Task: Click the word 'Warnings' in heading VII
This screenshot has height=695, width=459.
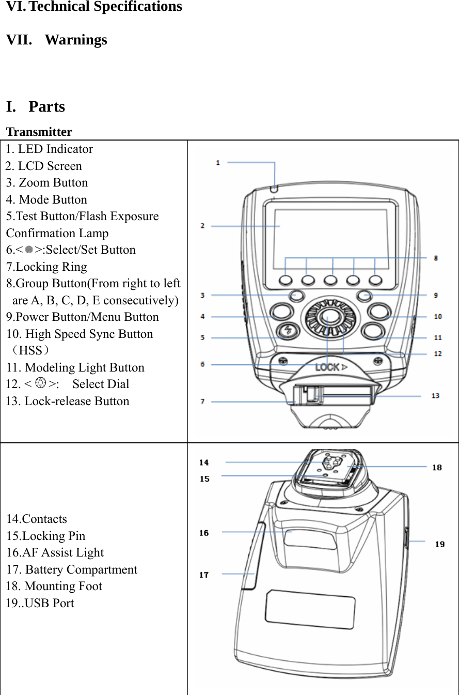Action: (x=76, y=40)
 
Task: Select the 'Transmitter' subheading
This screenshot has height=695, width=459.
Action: (x=39, y=132)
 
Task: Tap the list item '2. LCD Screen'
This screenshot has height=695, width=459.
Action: (x=44, y=166)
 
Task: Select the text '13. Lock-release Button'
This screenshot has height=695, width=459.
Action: (x=68, y=401)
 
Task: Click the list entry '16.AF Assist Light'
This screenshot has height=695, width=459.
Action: (x=55, y=552)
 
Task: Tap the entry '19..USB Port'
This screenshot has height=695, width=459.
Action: (x=40, y=603)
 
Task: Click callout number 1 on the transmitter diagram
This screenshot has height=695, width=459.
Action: (x=218, y=163)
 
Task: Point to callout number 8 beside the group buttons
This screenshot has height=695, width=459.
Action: (x=436, y=257)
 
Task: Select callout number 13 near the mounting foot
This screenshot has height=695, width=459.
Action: (x=435, y=396)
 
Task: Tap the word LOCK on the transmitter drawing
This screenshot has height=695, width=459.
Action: (x=327, y=367)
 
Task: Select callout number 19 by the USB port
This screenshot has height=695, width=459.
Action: (x=439, y=544)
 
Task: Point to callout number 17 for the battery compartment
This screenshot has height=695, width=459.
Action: (x=204, y=575)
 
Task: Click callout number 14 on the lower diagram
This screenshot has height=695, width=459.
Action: (x=204, y=462)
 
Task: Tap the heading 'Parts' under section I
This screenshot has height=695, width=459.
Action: (x=46, y=106)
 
